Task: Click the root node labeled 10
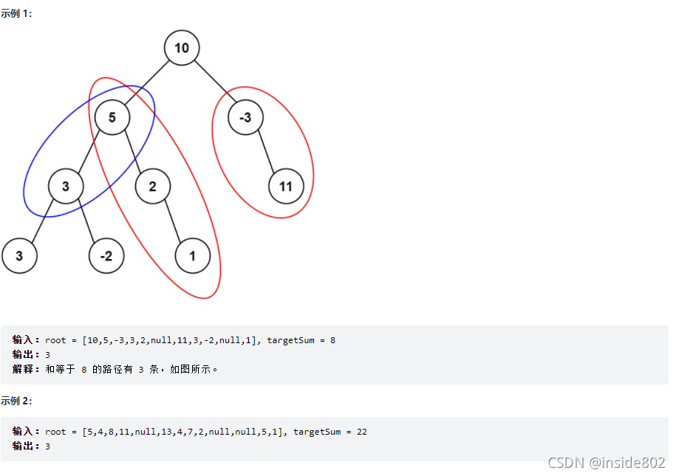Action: [182, 49]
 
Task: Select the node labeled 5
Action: [112, 117]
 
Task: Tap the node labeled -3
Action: [245, 117]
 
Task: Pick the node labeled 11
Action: [286, 187]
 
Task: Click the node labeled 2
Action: [153, 187]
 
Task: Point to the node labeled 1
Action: [193, 256]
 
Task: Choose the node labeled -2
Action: [106, 256]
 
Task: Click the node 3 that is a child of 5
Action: [66, 187]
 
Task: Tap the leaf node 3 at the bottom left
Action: [19, 256]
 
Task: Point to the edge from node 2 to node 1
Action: [173, 221]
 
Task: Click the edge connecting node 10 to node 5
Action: [147, 83]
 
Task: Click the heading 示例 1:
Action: [16, 14]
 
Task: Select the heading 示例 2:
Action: [16, 401]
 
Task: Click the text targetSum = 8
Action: [301, 340]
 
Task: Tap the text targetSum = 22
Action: [330, 432]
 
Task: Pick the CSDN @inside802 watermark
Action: [606, 462]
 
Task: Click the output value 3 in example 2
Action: [47, 446]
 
